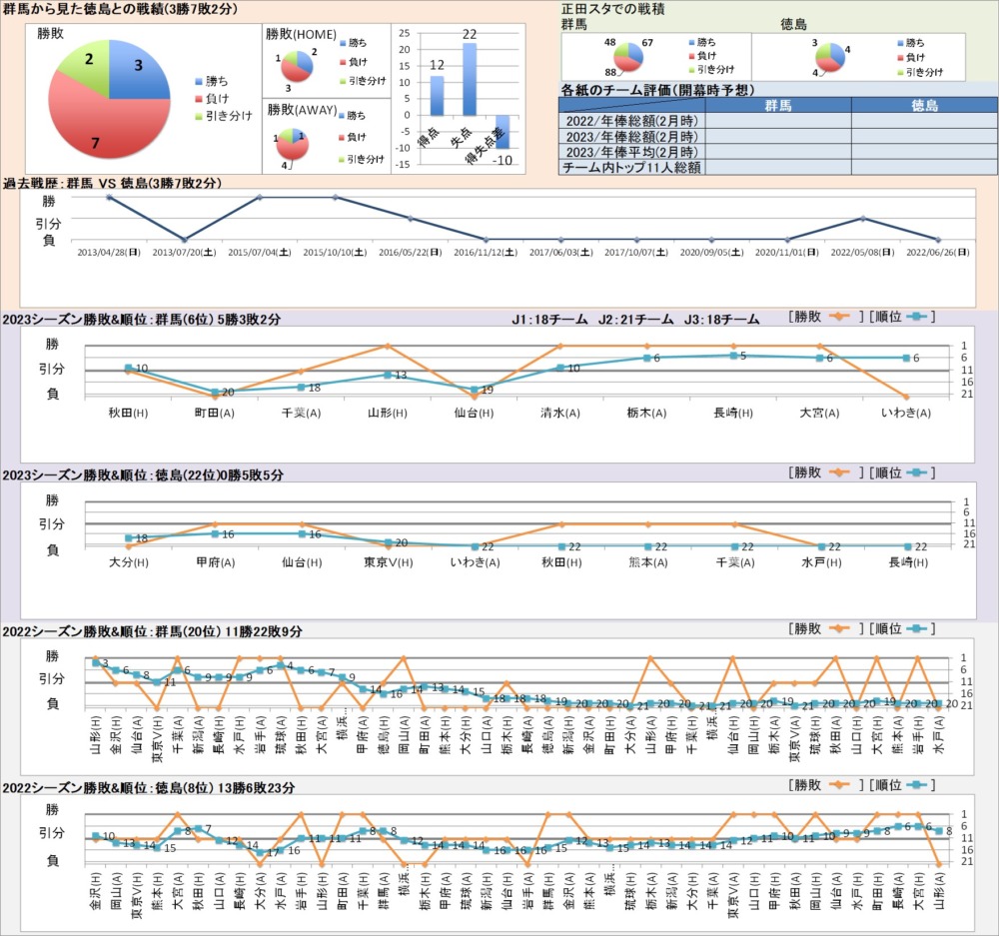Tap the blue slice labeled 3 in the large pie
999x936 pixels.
135,70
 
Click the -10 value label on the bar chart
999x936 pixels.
504,160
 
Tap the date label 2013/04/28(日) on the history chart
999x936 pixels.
108,253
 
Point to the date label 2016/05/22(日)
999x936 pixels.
411,253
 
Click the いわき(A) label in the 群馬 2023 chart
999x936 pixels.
906,412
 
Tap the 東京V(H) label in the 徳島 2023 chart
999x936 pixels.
387,562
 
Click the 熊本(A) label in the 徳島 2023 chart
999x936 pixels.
647,562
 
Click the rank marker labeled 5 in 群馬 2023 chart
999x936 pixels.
733,356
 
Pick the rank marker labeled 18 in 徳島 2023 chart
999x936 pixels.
129,538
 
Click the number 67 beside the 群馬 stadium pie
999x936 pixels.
647,43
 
